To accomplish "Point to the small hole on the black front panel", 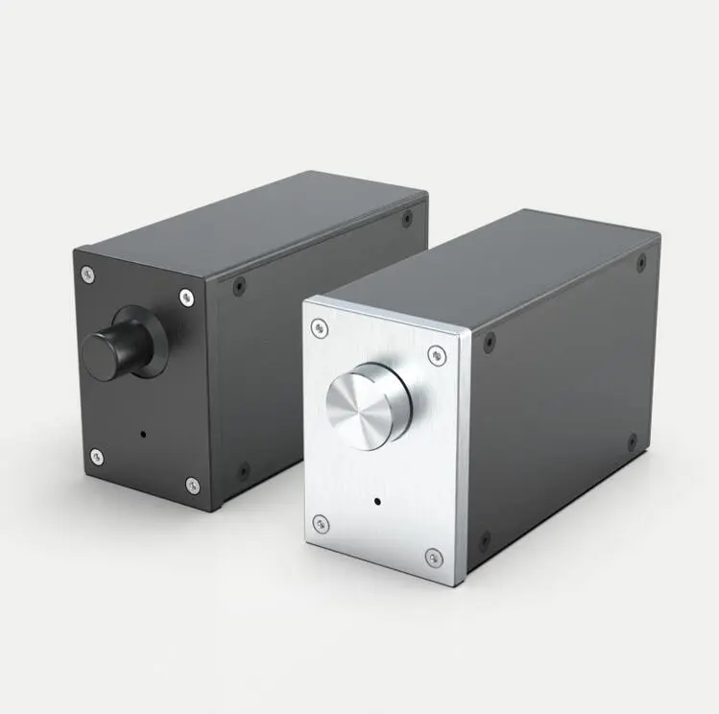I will click(x=143, y=433).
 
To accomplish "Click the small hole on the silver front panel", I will click(x=376, y=501).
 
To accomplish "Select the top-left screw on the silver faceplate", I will click(x=321, y=328).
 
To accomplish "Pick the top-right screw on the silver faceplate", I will click(x=437, y=356).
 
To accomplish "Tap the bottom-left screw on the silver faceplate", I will click(x=321, y=524).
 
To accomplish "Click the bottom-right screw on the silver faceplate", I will click(x=434, y=558).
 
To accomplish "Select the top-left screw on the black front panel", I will click(x=87, y=275).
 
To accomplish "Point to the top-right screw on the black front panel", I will click(x=186, y=297).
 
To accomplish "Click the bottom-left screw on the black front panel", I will click(x=96, y=456).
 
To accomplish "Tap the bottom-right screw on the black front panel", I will click(x=192, y=485).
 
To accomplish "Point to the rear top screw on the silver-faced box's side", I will click(x=641, y=262).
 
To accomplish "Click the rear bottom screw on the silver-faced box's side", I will click(x=632, y=441).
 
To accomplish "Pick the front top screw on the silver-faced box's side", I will click(x=490, y=341).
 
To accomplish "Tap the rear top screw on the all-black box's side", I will click(x=408, y=219).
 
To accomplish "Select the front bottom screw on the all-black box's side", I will click(x=244, y=470).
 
